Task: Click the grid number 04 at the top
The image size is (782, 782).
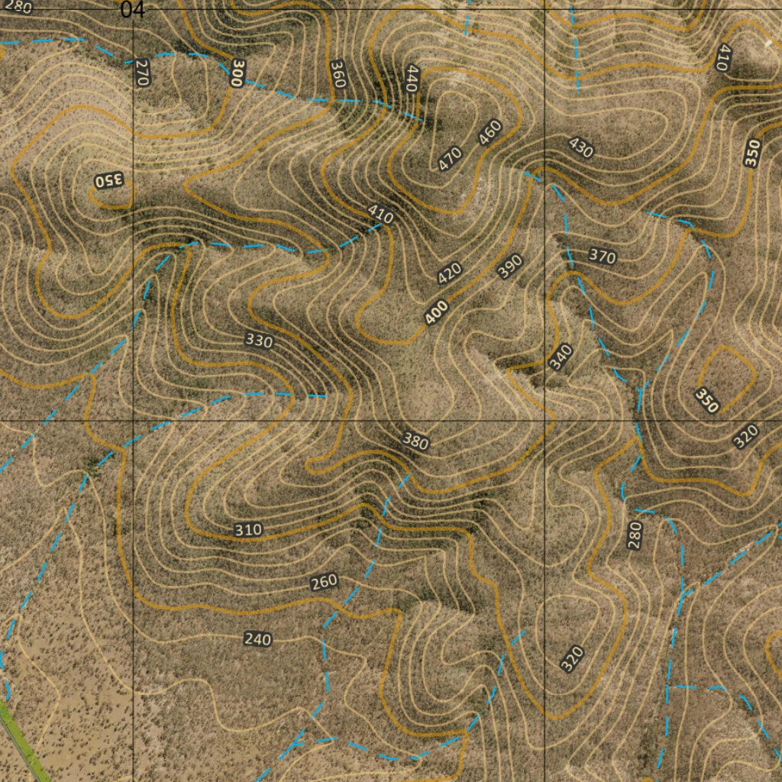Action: click(132, 9)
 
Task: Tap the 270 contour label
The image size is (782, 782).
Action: click(141, 73)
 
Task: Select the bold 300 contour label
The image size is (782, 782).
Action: click(238, 73)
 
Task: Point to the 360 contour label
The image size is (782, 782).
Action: click(338, 74)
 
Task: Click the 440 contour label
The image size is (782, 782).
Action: click(412, 79)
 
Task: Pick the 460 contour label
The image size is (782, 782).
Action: click(490, 133)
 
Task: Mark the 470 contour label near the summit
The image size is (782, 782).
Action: click(450, 158)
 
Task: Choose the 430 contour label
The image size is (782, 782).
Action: click(580, 147)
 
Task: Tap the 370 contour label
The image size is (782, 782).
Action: click(602, 257)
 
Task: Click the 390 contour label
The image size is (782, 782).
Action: click(509, 266)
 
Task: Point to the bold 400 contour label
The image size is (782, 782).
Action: click(437, 312)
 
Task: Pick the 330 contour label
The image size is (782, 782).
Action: click(259, 341)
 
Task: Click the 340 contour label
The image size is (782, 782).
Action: click(561, 357)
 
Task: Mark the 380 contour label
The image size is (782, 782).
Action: click(415, 441)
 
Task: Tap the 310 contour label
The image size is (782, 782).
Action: click(248, 529)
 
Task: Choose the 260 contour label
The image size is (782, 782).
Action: click(324, 583)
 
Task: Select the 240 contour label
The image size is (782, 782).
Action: click(257, 639)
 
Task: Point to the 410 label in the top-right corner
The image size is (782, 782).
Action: click(723, 57)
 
